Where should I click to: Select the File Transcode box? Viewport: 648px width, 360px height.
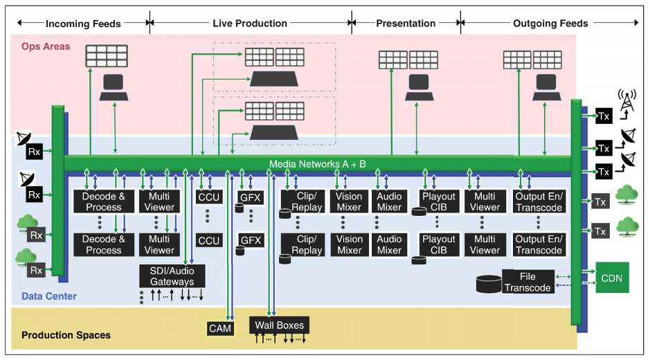click(528, 282)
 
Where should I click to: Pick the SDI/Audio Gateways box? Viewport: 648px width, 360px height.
click(172, 276)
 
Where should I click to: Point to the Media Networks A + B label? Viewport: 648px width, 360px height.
click(318, 163)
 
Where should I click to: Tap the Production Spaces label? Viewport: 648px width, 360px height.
click(66, 335)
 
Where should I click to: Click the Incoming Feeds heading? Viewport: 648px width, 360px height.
click(83, 24)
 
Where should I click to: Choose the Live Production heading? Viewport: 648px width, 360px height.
click(250, 24)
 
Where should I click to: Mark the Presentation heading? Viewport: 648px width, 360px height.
click(406, 24)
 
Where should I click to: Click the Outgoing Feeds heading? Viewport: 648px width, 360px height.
click(550, 24)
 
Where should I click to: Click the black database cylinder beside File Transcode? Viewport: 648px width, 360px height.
click(489, 283)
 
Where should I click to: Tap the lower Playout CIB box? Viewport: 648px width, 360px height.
click(439, 244)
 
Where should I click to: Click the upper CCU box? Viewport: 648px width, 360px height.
click(208, 197)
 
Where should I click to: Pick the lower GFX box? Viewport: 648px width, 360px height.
click(250, 240)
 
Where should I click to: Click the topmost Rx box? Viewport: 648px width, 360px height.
click(34, 150)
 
